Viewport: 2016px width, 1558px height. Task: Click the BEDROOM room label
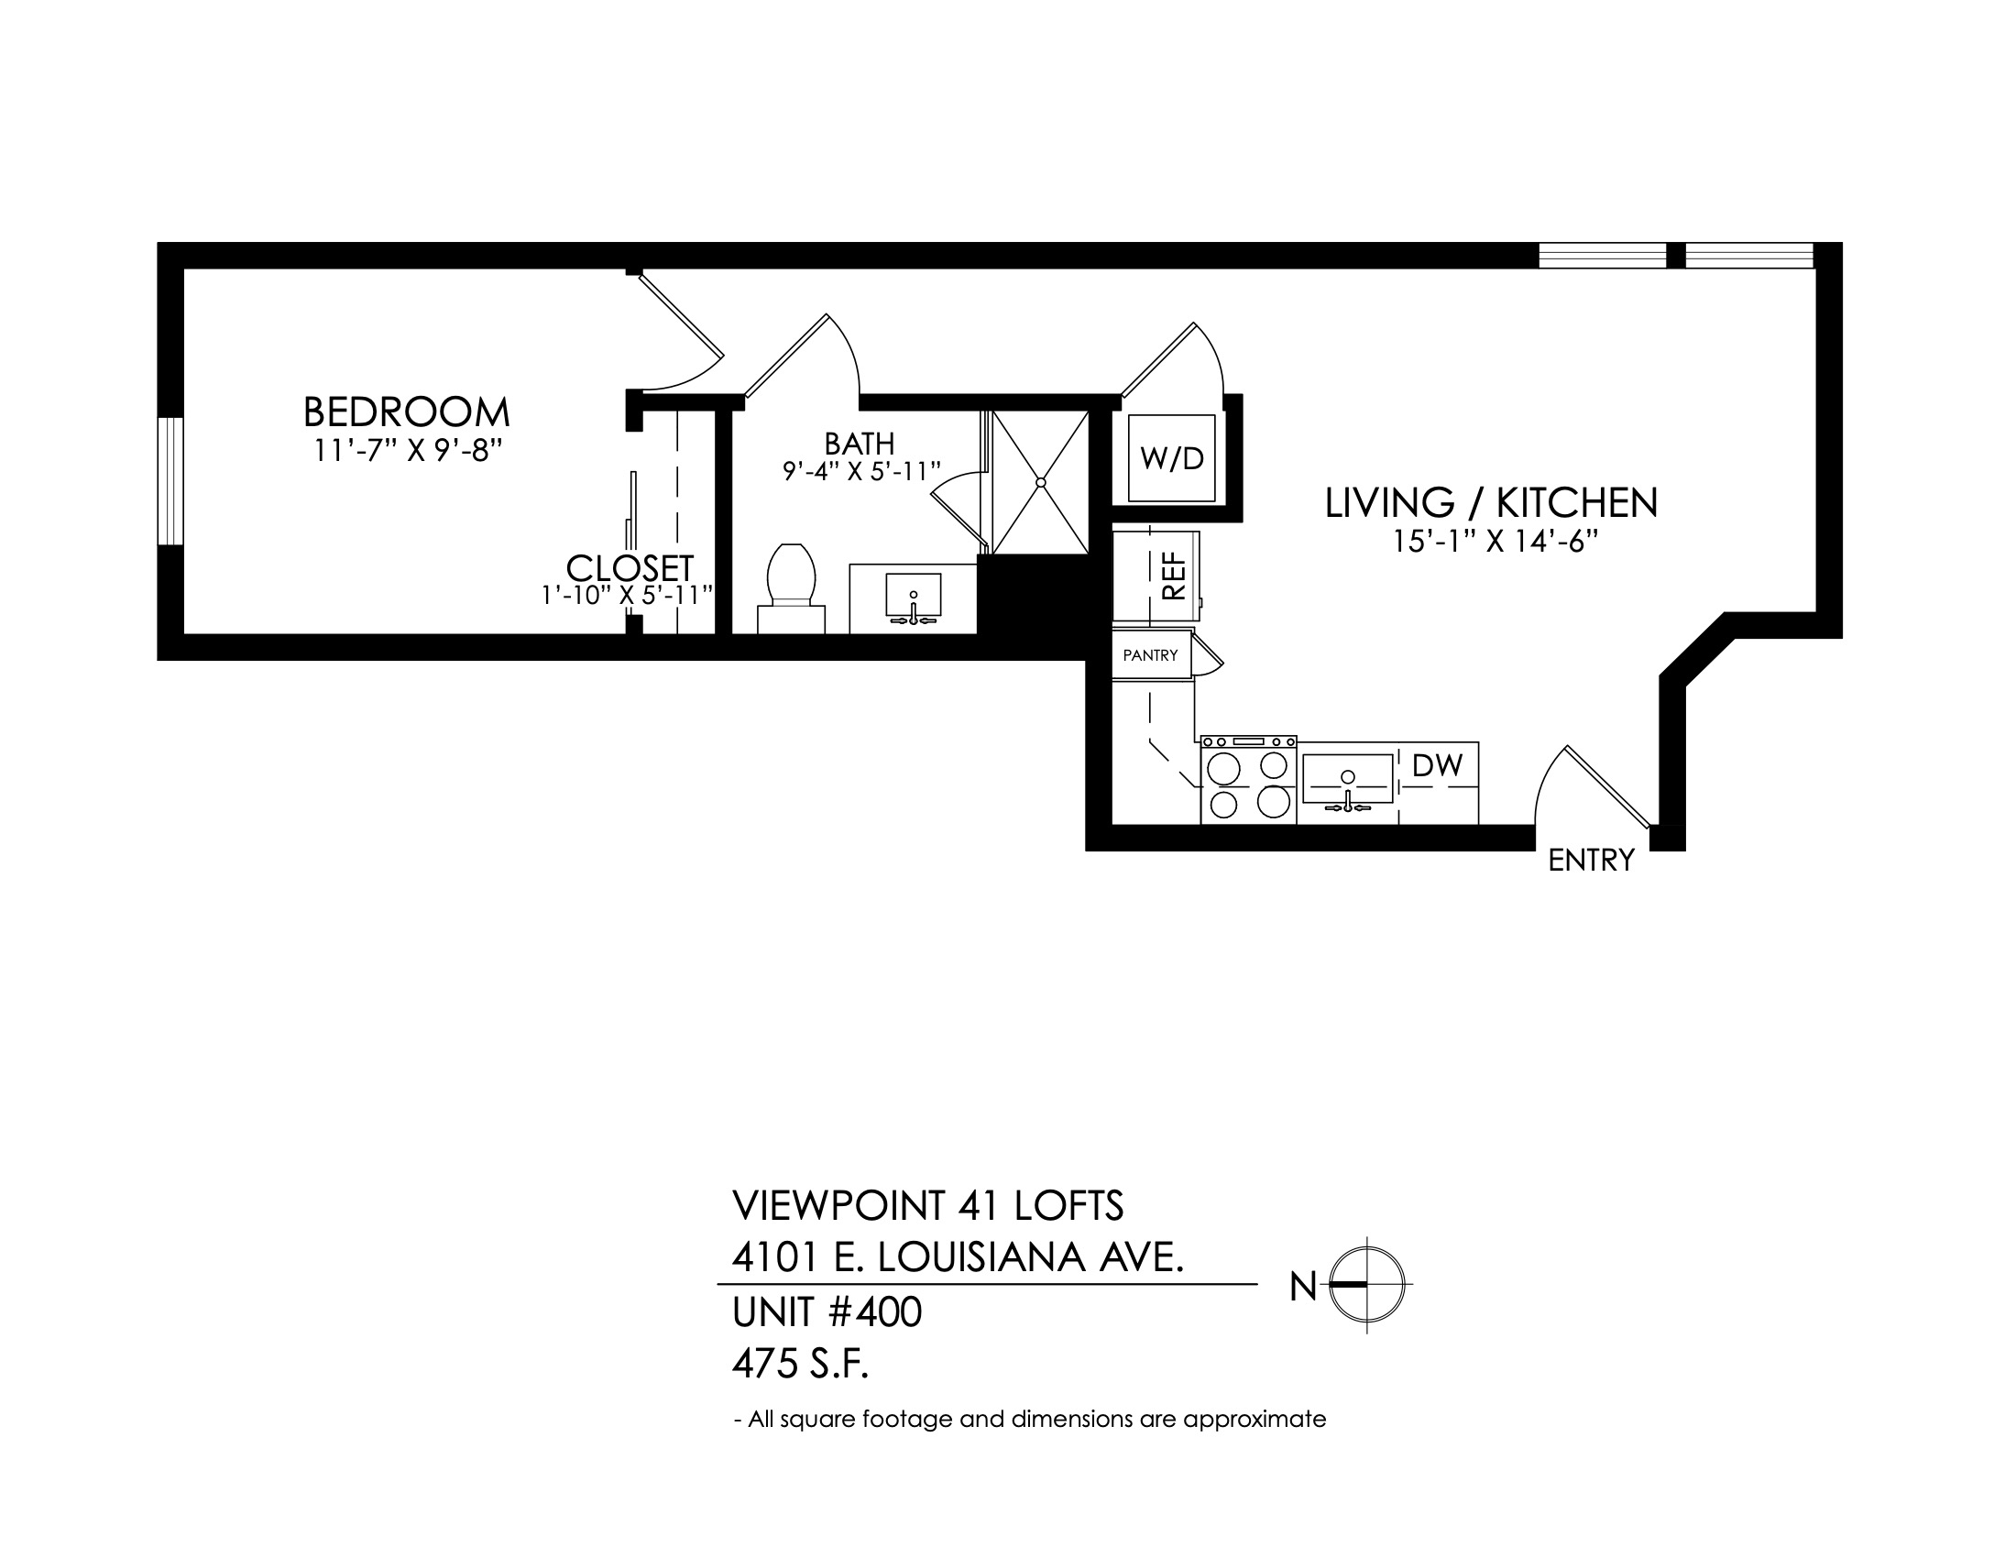coord(406,411)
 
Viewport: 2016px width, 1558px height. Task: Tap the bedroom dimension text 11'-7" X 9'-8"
coord(407,451)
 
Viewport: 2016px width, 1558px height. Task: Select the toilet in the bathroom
coord(790,588)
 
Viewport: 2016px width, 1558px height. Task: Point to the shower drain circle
coord(1040,482)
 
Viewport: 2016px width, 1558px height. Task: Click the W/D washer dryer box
coord(1171,459)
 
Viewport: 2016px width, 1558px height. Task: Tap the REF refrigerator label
coord(1172,576)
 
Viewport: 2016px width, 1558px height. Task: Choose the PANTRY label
coord(1150,655)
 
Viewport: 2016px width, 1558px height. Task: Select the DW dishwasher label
coord(1437,765)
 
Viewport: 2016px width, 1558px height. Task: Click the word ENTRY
coord(1591,861)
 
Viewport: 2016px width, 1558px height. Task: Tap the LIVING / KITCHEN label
coord(1492,503)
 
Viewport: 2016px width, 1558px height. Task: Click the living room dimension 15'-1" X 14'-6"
coord(1496,543)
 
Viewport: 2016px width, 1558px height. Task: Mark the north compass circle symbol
coord(1367,1284)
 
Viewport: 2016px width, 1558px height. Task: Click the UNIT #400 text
coord(827,1311)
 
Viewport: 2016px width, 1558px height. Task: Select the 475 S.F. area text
coord(801,1364)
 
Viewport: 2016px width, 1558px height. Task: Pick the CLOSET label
coord(630,567)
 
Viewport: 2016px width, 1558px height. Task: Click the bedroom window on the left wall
coord(170,481)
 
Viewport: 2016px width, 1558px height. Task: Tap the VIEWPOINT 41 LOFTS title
coord(927,1204)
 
